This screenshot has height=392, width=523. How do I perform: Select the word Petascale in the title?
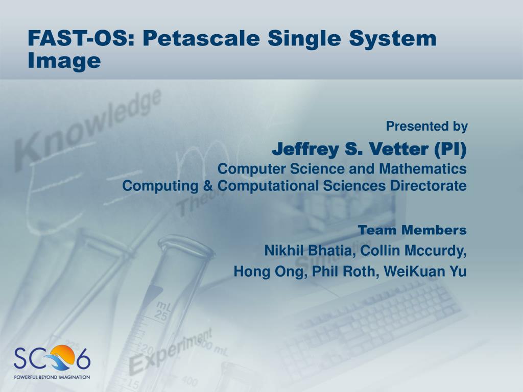point(201,38)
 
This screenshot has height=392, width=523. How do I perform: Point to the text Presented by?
point(427,127)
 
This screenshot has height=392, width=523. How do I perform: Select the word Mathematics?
point(422,168)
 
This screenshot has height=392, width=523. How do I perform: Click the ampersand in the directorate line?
point(208,185)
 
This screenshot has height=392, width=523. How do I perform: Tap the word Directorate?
point(429,186)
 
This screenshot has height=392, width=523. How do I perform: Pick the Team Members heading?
point(412,230)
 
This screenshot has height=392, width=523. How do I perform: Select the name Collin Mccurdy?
point(413,251)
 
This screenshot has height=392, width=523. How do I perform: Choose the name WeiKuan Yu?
point(425,272)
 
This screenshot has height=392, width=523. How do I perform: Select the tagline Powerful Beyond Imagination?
point(52,377)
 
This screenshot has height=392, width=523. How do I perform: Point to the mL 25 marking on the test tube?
point(162,310)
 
